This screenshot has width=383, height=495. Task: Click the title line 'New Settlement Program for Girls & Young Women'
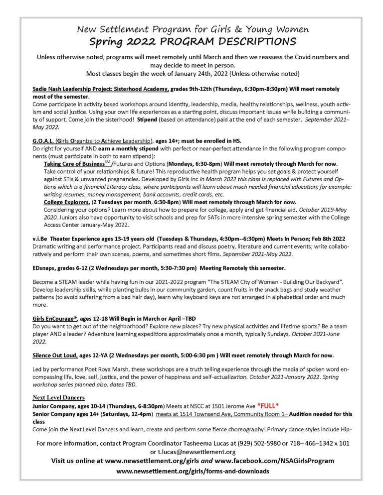[191, 28]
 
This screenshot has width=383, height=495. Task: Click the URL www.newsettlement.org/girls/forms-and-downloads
[192, 471]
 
